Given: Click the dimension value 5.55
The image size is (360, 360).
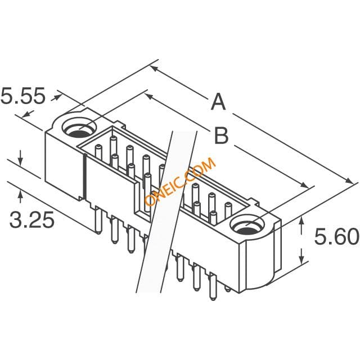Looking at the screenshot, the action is point(22,96).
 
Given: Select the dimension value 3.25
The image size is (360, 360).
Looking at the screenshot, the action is point(32,220).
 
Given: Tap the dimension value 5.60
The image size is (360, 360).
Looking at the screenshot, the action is point(336,236).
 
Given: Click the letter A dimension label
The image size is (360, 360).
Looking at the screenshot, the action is point(218,102).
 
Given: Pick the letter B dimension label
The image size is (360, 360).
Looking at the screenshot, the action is point(221,136).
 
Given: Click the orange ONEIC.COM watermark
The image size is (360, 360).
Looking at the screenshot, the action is point(181,182).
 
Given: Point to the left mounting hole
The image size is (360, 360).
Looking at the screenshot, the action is point(79,128).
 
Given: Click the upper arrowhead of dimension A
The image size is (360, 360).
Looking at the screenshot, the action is point(154,68).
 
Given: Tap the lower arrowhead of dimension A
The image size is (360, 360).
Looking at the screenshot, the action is point(350,181).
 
